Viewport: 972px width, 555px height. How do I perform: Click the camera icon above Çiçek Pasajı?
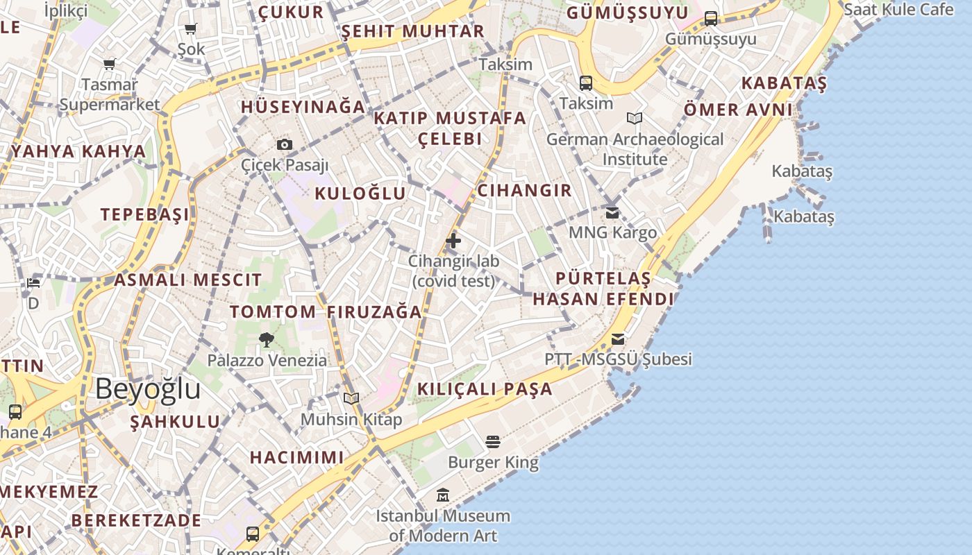(285, 144)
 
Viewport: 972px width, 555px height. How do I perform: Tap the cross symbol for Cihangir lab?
(453, 241)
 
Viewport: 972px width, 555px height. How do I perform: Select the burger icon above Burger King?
(493, 441)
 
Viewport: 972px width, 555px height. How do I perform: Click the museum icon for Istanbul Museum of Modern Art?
(443, 495)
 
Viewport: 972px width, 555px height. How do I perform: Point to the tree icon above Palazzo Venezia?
(266, 339)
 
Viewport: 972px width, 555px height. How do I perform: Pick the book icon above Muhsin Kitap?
(351, 398)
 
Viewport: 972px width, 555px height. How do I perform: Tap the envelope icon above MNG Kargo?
(612, 212)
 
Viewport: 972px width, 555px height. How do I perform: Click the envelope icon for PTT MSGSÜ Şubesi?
(618, 339)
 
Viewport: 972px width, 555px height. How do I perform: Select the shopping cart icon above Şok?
(191, 28)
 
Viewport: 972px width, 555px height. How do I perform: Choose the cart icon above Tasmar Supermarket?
(109, 65)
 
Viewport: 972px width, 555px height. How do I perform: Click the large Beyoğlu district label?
(148, 389)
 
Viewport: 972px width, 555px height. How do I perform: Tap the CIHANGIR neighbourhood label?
(524, 190)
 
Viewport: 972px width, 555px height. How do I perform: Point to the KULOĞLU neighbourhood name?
(360, 193)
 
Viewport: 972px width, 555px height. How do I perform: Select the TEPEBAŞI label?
(145, 214)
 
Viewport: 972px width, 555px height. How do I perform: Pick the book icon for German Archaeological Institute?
(635, 118)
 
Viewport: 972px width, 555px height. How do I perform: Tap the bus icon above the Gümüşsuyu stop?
(711, 18)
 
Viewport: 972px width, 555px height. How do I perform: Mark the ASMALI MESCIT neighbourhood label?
(187, 280)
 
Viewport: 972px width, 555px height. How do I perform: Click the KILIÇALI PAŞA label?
(485, 389)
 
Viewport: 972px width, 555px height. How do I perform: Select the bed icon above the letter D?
(33, 283)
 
